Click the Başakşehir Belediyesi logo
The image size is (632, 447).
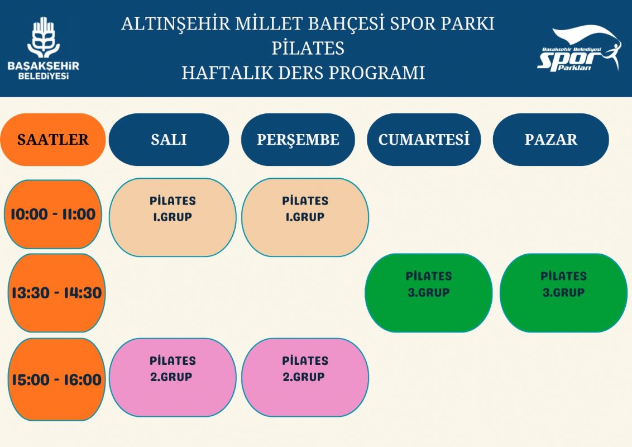(x=43, y=49)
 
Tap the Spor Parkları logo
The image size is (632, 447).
(x=580, y=49)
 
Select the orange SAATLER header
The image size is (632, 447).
(x=53, y=140)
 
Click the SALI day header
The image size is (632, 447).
(x=169, y=140)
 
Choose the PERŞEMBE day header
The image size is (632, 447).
(x=298, y=140)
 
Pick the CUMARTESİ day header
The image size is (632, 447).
(x=424, y=140)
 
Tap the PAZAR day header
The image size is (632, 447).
(x=550, y=140)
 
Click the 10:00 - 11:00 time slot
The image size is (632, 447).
(x=53, y=214)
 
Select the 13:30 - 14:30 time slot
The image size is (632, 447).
(x=56, y=293)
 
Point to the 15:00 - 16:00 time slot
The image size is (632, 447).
(x=56, y=379)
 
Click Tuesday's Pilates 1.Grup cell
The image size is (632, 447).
(x=173, y=217)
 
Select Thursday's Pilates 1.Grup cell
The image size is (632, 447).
(x=305, y=217)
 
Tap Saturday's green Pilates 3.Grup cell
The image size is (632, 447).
(x=428, y=293)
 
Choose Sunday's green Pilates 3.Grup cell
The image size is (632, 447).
(x=563, y=293)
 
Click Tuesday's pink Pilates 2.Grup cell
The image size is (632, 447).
(x=173, y=377)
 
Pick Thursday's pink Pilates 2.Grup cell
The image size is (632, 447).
(x=305, y=377)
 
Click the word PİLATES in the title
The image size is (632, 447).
(x=308, y=49)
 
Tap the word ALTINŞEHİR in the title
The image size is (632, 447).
(x=175, y=24)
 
